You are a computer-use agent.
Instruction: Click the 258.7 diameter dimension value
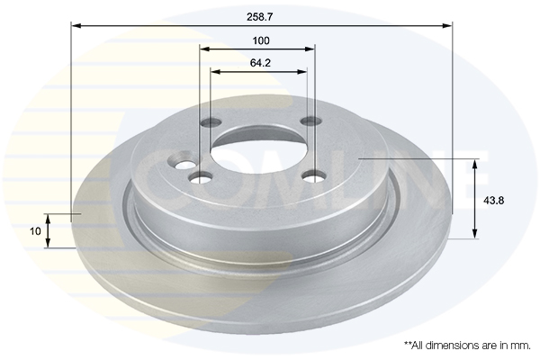click(260, 17)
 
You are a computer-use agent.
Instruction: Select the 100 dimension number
click(261, 40)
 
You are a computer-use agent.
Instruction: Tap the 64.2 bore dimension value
click(260, 63)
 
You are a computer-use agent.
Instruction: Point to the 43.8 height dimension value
click(493, 200)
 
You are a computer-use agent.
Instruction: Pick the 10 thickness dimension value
click(35, 231)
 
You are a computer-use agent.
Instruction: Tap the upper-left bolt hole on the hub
click(211, 121)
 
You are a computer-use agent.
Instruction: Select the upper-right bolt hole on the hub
click(311, 121)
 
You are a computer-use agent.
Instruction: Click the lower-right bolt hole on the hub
click(314, 176)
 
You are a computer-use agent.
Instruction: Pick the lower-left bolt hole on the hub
click(201, 178)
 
